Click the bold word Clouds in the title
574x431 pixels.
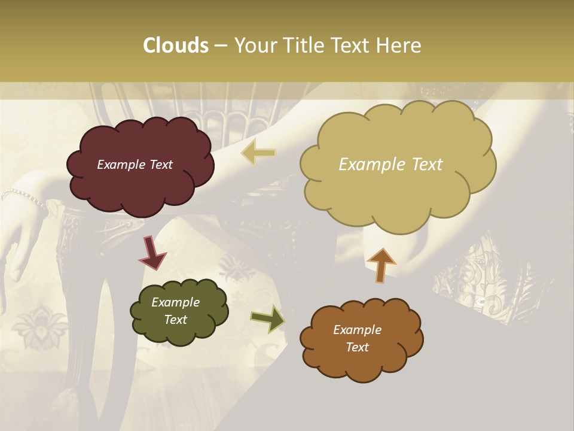pyautogui.click(x=175, y=45)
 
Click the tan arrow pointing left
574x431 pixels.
pyautogui.click(x=258, y=153)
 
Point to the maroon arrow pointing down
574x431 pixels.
pyautogui.click(x=152, y=252)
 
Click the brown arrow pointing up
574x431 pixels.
pyautogui.click(x=381, y=265)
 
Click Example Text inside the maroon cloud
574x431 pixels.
pyautogui.click(x=135, y=165)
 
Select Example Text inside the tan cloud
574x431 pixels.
pyautogui.click(x=390, y=165)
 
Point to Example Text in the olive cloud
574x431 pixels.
pyautogui.click(x=175, y=311)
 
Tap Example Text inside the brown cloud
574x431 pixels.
pyautogui.click(x=357, y=338)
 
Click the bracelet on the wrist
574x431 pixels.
pyautogui.click(x=24, y=195)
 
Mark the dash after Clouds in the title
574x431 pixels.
pyautogui.click(x=220, y=46)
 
